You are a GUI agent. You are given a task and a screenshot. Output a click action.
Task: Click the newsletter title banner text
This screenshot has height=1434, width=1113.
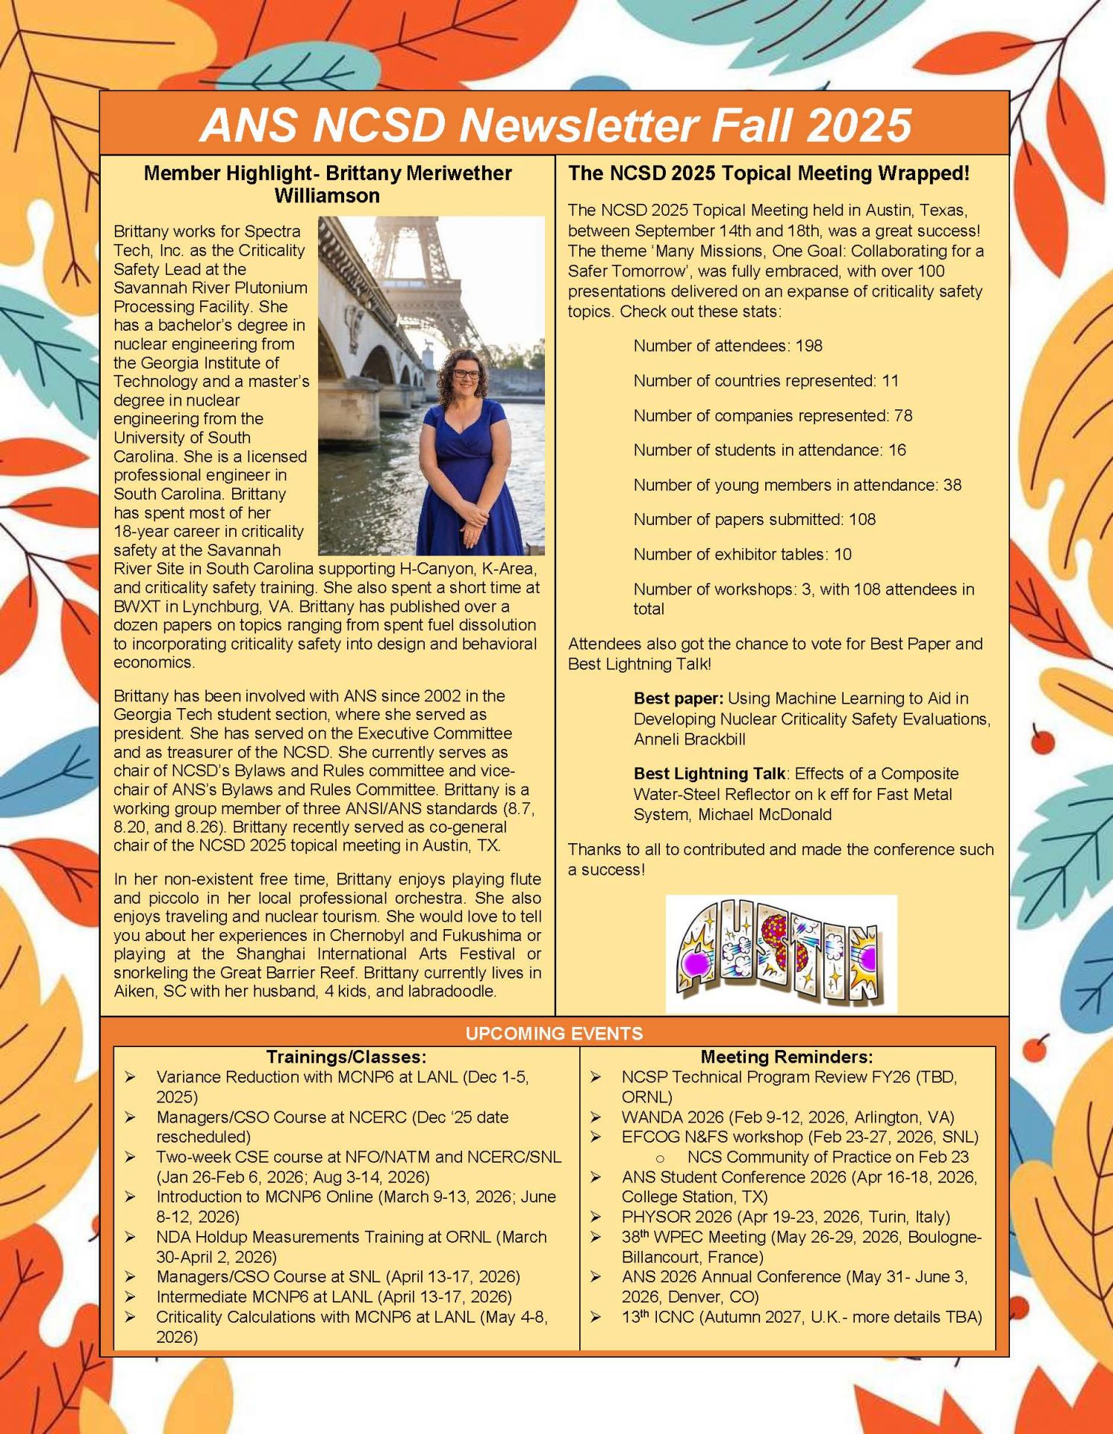pyautogui.click(x=555, y=124)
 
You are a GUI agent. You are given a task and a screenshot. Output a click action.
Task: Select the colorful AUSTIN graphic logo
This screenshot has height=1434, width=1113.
pyautogui.click(x=781, y=954)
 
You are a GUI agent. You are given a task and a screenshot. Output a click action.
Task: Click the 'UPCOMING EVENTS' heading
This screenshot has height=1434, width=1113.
pyautogui.click(x=554, y=1034)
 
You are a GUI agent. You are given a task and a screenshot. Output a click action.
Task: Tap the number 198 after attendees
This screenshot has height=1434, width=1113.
pyautogui.click(x=809, y=346)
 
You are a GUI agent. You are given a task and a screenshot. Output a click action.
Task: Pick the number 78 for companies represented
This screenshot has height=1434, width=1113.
pyautogui.click(x=903, y=415)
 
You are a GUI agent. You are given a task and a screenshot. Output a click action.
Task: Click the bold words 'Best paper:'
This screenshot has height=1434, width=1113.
pyautogui.click(x=678, y=698)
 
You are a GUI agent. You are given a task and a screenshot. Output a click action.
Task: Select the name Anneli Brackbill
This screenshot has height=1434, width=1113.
pyautogui.click(x=690, y=739)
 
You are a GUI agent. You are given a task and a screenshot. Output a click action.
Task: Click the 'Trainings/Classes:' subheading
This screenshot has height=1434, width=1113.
pyautogui.click(x=346, y=1057)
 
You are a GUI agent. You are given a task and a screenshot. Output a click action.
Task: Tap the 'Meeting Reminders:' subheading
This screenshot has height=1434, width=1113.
pyautogui.click(x=787, y=1057)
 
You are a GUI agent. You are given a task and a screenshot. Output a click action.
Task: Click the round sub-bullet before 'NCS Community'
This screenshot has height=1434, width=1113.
pyautogui.click(x=660, y=1158)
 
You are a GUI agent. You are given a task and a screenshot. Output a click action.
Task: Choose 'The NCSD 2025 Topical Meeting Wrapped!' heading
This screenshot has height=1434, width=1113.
pyautogui.click(x=769, y=173)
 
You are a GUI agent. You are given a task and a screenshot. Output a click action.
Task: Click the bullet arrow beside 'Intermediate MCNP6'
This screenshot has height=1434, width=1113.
pyautogui.click(x=131, y=1297)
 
